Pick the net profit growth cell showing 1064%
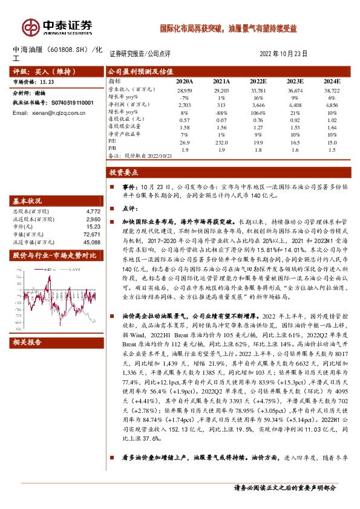point(258,112)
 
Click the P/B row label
point(112,148)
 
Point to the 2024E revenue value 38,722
point(332,89)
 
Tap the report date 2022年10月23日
point(284,54)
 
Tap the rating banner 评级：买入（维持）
point(39,70)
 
